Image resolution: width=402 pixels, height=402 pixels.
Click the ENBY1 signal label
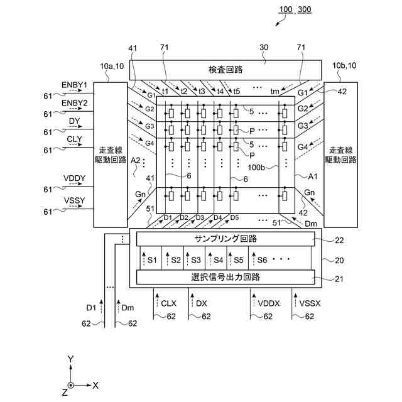click(x=75, y=85)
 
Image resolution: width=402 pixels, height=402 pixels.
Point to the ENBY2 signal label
click(x=75, y=102)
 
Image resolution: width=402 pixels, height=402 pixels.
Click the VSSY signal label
click(x=75, y=200)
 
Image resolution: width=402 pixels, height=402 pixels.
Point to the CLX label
click(x=169, y=303)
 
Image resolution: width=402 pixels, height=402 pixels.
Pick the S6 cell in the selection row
click(x=262, y=259)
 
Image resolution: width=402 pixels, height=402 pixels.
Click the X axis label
click(x=95, y=385)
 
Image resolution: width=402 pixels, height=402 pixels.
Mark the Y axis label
click(x=71, y=359)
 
